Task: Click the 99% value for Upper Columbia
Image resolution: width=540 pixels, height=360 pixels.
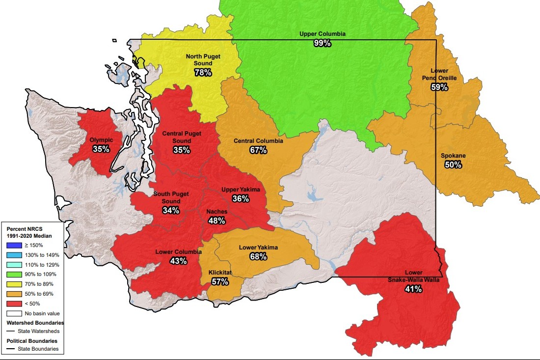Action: coord(323,43)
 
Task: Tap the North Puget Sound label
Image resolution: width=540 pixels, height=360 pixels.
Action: coord(203,60)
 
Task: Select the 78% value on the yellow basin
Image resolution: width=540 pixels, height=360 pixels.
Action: coord(203,72)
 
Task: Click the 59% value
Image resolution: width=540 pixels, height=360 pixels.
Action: coord(439,87)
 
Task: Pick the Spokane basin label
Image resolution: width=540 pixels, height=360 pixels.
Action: coord(453,156)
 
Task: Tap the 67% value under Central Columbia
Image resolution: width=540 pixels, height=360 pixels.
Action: coord(258,150)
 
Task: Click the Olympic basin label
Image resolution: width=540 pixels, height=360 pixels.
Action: coord(101,140)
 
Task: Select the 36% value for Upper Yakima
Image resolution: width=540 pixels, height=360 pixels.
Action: coord(241,199)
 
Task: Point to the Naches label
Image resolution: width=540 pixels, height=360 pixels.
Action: coord(216,212)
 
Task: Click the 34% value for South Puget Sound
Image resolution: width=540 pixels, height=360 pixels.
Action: coord(171,210)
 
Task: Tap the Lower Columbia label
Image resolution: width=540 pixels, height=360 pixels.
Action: coord(178,252)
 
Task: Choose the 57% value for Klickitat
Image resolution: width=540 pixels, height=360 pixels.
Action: coord(220,281)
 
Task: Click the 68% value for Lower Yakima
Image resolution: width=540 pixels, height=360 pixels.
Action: coord(258,257)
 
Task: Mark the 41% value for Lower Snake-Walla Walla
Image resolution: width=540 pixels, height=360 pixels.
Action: coord(413,289)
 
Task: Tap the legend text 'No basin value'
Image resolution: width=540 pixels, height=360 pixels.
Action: coord(39,313)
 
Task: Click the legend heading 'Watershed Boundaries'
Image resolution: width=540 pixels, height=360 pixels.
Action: coord(35,323)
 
